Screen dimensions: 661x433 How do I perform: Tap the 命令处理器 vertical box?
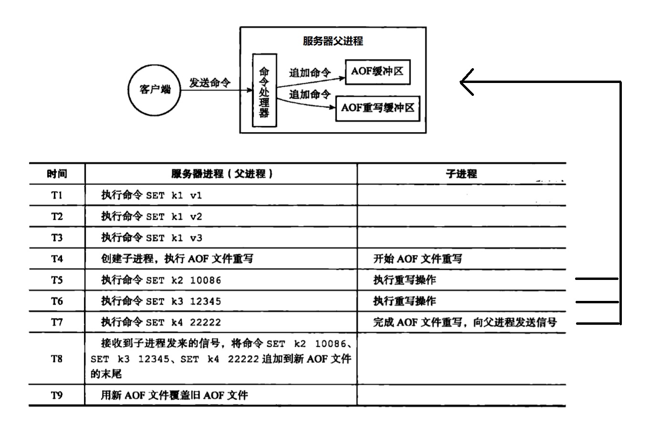pyautogui.click(x=264, y=91)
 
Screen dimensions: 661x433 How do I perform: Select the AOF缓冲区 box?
pyautogui.click(x=377, y=72)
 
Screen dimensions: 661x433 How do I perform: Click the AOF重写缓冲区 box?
pyautogui.click(x=378, y=108)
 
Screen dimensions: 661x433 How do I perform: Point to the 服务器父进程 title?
pyautogui.click(x=333, y=41)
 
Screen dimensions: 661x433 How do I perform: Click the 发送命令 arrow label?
pyautogui.click(x=210, y=82)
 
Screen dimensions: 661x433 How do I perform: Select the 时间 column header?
pyautogui.click(x=57, y=174)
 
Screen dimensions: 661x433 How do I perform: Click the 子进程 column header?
pyautogui.click(x=461, y=174)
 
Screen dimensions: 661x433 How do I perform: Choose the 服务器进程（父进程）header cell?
pyautogui.click(x=221, y=174)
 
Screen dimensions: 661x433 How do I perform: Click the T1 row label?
pyautogui.click(x=57, y=195)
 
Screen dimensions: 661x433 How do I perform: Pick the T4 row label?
pyautogui.click(x=57, y=259)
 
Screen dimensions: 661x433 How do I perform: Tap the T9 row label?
pyautogui.click(x=57, y=395)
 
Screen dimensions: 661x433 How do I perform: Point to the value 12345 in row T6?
pyautogui.click(x=205, y=301)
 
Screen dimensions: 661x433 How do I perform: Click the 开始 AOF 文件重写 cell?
pyautogui.click(x=418, y=259)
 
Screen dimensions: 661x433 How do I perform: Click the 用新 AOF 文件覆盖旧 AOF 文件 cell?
pyautogui.click(x=174, y=395)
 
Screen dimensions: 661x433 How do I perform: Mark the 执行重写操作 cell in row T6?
pyautogui.click(x=405, y=301)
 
